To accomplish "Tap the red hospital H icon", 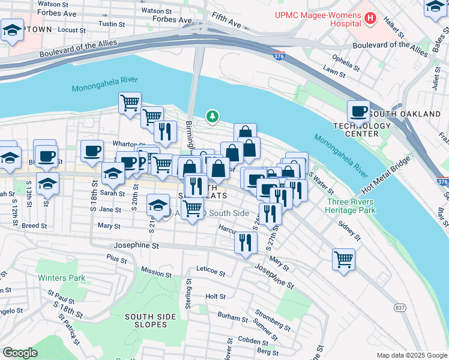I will pyautogui.click(x=370, y=19).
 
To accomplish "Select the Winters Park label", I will pyautogui.click(x=61, y=278).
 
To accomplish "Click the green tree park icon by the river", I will pyautogui.click(x=211, y=116).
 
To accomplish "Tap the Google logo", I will pyautogui.click(x=20, y=353).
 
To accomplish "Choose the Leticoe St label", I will pyautogui.click(x=209, y=273).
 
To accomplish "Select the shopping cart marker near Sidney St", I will pyautogui.click(x=343, y=260).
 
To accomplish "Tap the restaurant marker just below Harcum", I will pyautogui.click(x=245, y=242).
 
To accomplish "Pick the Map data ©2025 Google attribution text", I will pyautogui.click(x=411, y=355).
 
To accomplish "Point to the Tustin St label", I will pyautogui.click(x=110, y=24).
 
